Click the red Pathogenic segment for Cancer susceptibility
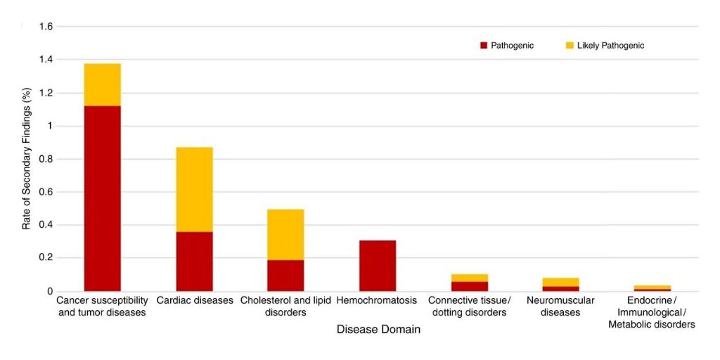[x=103, y=198]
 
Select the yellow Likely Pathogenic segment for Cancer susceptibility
[x=103, y=84]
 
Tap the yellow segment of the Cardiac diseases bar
[x=194, y=189]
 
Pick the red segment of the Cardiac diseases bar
[x=194, y=261]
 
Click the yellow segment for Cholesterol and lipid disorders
[x=285, y=234]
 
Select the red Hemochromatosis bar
[x=378, y=265]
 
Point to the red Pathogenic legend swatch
[x=484, y=46]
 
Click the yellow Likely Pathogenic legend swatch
[x=570, y=46]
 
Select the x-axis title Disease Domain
[x=378, y=329]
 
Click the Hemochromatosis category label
[x=377, y=301]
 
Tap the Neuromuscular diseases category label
[x=560, y=307]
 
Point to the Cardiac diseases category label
[x=195, y=301]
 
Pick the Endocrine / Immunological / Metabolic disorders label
[x=652, y=312]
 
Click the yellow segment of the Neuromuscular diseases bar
[x=560, y=282]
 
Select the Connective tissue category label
[x=469, y=307]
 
